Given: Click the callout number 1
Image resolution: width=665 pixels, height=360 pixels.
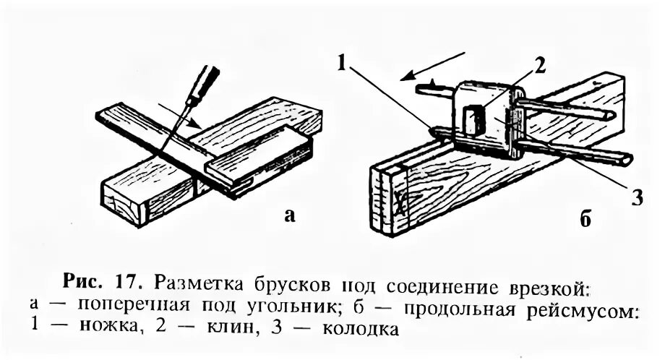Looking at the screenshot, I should pos(343,63).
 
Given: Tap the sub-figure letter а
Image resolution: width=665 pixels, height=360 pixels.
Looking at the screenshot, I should pos(290,214).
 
